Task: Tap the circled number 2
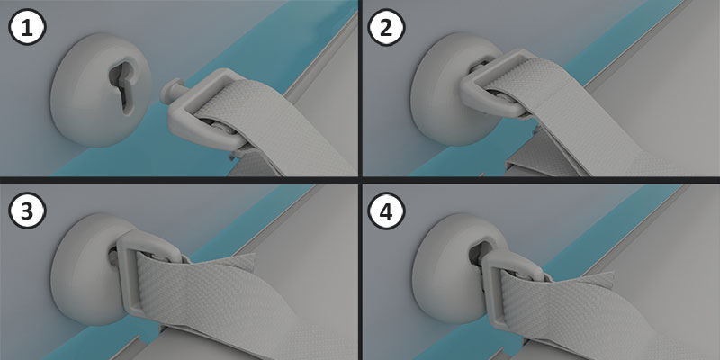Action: click(x=387, y=27)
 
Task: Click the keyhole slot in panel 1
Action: click(x=120, y=87)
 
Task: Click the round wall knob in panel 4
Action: click(x=441, y=270)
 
